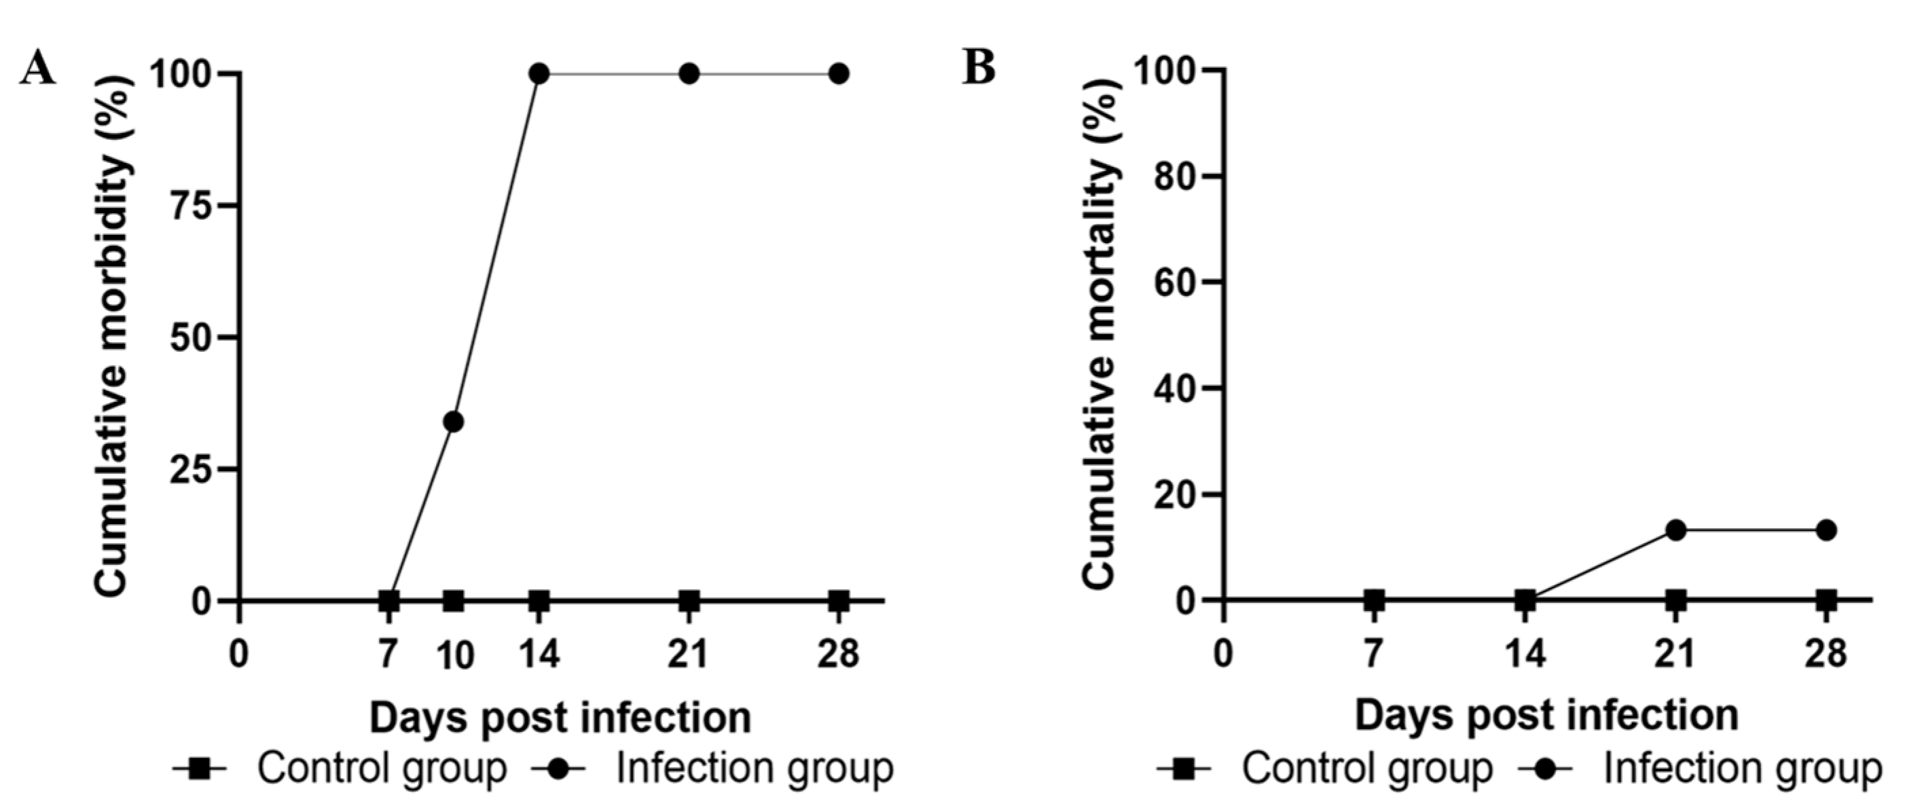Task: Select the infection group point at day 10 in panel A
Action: point(454,422)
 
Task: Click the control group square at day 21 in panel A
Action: point(689,600)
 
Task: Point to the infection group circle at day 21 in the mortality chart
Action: point(1676,530)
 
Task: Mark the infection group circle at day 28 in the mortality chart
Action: point(1826,530)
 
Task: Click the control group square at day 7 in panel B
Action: point(1374,600)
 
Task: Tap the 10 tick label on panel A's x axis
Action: point(454,657)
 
